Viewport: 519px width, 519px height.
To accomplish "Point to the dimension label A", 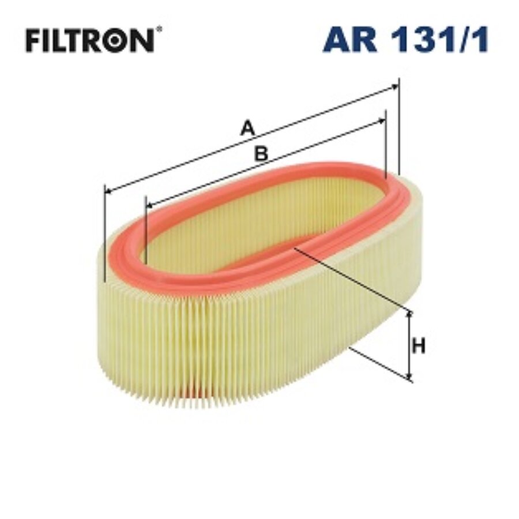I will tap(247, 127).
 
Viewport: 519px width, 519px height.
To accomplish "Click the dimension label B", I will tap(261, 153).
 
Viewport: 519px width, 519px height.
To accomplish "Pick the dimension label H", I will tap(419, 347).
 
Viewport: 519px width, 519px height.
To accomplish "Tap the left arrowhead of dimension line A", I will tap(107, 190).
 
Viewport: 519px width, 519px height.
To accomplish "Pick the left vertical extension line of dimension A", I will tap(104, 236).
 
